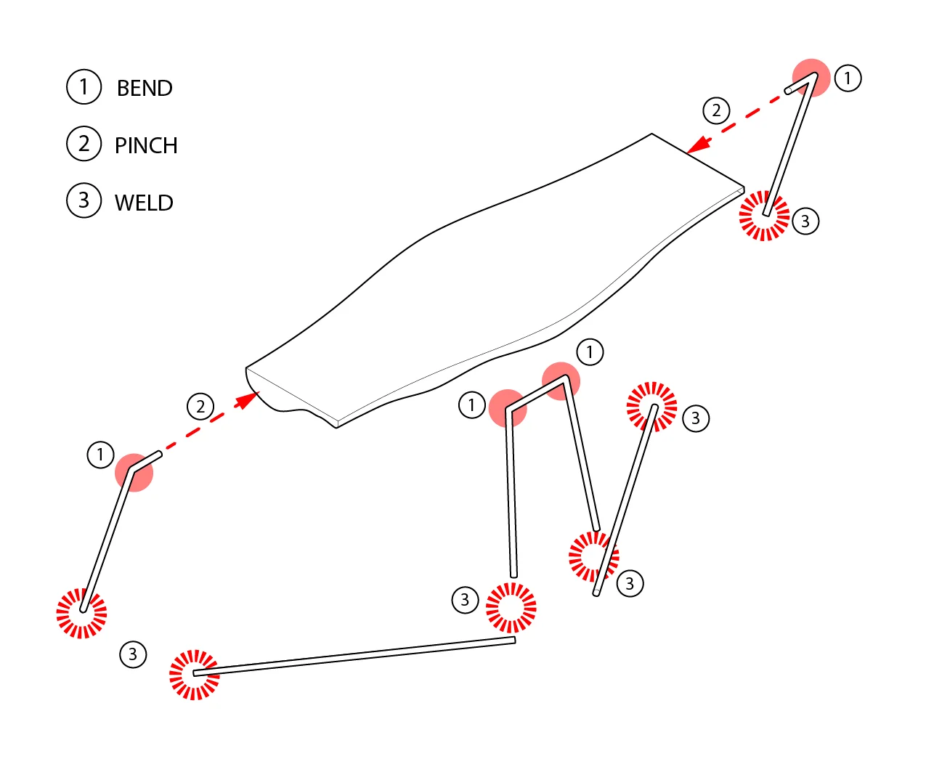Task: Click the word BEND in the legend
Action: click(145, 88)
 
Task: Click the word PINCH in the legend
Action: click(146, 145)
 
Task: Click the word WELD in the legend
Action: click(144, 203)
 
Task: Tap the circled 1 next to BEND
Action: click(84, 87)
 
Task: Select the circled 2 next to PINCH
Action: click(84, 144)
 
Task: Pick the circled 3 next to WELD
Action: click(84, 201)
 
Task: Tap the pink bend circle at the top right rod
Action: click(811, 78)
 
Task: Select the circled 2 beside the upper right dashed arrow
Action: click(716, 111)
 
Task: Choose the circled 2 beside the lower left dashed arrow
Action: click(200, 407)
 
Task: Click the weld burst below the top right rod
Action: click(764, 216)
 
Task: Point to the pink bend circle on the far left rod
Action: click(134, 473)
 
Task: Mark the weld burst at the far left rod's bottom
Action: click(81, 613)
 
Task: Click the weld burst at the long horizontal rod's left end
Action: click(194, 675)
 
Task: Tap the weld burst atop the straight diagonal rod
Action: click(652, 407)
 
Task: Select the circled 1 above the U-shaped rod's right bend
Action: click(590, 352)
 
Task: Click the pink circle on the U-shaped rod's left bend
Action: click(508, 408)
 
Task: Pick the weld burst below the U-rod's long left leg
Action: click(511, 607)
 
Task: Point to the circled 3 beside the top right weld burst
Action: click(805, 222)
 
